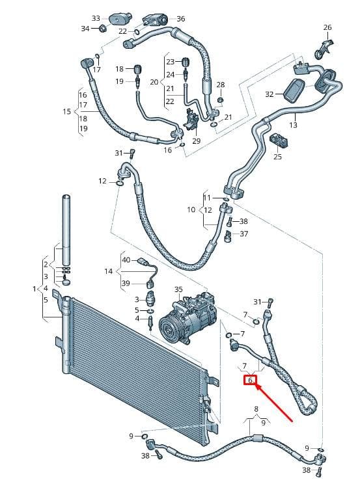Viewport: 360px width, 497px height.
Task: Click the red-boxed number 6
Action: (250, 380)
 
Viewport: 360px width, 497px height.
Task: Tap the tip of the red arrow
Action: (256, 384)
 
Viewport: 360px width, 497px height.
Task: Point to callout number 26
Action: (327, 27)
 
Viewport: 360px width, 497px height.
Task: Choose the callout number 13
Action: (293, 125)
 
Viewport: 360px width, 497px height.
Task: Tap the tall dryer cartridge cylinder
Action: (66, 230)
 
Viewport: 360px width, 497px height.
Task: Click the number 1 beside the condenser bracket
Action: (35, 289)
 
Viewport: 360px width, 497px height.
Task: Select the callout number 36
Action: (180, 19)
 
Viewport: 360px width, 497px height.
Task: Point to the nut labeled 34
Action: (102, 28)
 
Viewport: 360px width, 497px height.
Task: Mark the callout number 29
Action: (197, 141)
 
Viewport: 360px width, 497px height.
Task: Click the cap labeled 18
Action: (137, 69)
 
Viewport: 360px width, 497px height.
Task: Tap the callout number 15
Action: (67, 112)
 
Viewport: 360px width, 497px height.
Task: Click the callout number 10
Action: (191, 209)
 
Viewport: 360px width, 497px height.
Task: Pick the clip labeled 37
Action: (228, 236)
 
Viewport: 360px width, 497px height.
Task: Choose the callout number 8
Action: (256, 409)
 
